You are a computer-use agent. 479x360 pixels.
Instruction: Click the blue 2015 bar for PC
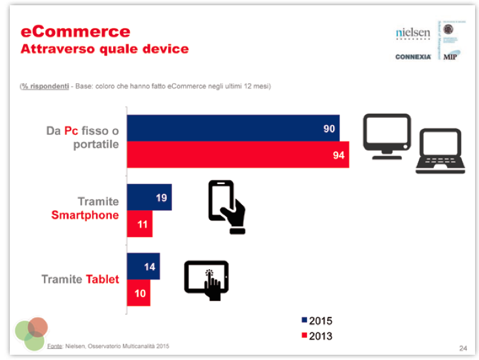pyautogui.click(x=233, y=128)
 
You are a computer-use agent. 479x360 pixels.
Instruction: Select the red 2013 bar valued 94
pyautogui.click(x=238, y=154)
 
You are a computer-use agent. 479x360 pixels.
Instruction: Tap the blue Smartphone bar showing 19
pyautogui.click(x=149, y=197)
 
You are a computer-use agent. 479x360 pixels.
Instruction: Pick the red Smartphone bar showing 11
pyautogui.click(x=139, y=224)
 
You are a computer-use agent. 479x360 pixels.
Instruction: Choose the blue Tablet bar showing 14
pyautogui.click(x=143, y=266)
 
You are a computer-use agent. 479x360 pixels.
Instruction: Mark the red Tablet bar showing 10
pyautogui.click(x=138, y=293)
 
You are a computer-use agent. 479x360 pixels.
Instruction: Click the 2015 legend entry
pyautogui.click(x=317, y=321)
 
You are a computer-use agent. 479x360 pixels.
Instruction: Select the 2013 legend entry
pyautogui.click(x=317, y=336)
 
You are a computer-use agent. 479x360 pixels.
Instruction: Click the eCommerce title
pyautogui.click(x=75, y=31)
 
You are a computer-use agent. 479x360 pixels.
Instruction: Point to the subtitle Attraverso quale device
pyautogui.click(x=105, y=48)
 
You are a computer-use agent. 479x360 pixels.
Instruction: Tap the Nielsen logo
pyautogui.click(x=413, y=33)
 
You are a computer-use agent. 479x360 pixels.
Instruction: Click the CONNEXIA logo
pyautogui.click(x=413, y=57)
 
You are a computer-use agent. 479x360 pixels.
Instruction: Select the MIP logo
pyautogui.click(x=450, y=56)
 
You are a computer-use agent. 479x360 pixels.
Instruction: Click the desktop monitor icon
pyautogui.click(x=387, y=136)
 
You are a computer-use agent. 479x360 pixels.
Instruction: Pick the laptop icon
pyautogui.click(x=440, y=151)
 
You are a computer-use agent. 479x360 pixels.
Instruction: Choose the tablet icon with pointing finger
pyautogui.click(x=207, y=279)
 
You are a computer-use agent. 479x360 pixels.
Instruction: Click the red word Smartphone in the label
pyautogui.click(x=85, y=215)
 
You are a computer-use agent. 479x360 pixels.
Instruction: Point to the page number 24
pyautogui.click(x=463, y=347)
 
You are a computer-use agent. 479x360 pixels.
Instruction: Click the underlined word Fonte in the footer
pyautogui.click(x=54, y=346)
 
